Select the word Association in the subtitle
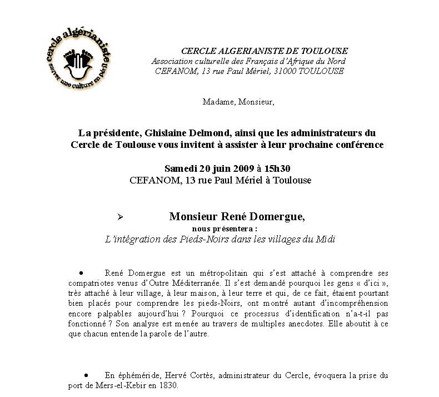click(x=172, y=61)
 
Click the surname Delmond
click(x=226, y=133)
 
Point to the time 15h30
click(x=279, y=168)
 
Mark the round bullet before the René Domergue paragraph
click(x=81, y=273)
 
